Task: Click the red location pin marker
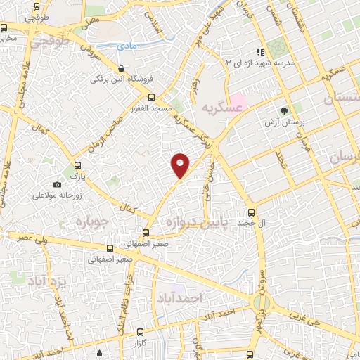coord(181,165)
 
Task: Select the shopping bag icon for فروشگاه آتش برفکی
coord(122,69)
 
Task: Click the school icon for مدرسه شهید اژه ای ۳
coord(260,52)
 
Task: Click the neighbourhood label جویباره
coord(89,224)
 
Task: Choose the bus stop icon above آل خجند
coord(252,212)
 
